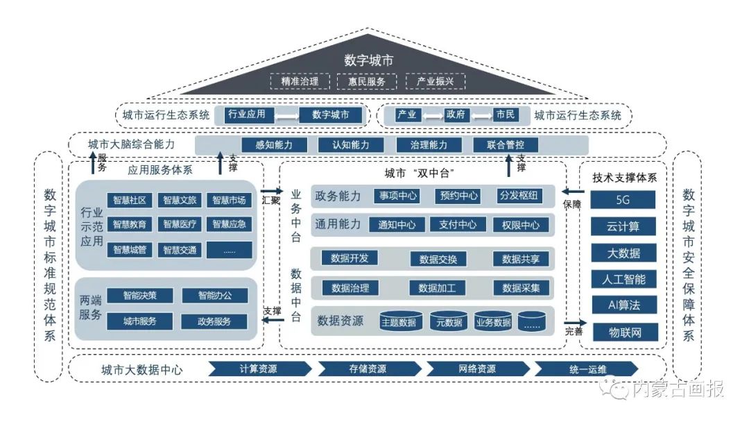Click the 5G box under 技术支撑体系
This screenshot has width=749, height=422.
pos(623,200)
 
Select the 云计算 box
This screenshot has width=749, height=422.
pos(623,226)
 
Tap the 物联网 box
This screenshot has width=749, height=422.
pos(623,332)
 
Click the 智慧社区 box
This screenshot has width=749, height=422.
pos(130,201)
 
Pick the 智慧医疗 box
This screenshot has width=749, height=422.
pos(180,224)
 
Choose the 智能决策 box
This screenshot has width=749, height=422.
pos(139,295)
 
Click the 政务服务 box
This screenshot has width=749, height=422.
pos(214,321)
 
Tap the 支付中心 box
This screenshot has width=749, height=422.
pos(457,225)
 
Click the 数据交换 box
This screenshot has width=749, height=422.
pos(438,259)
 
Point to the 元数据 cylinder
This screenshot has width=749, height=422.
pos(448,322)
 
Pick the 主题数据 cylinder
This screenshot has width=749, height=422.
pos(399,322)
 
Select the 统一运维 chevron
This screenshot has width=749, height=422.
pos(586,369)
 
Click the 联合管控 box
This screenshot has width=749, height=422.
pos(506,145)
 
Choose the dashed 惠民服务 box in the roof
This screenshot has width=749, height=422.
pos(367,81)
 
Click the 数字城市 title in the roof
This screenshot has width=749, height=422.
pos(368,60)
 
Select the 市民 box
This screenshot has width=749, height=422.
pos(506,115)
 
